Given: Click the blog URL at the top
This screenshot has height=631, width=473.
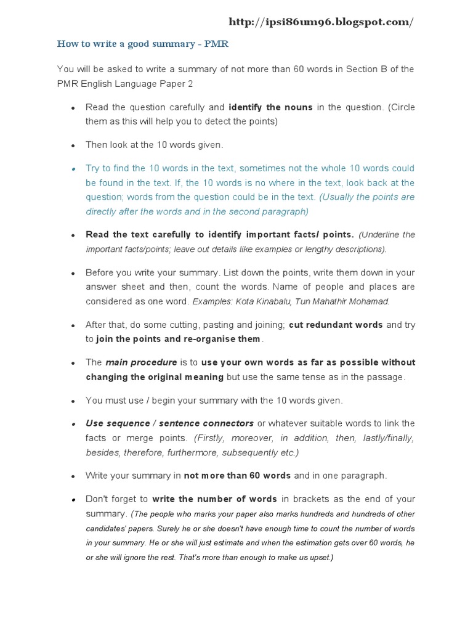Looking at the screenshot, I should click(321, 22).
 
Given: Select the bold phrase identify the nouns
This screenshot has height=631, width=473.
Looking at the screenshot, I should click(270, 107).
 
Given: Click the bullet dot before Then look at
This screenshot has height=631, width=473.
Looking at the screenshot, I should click(73, 145).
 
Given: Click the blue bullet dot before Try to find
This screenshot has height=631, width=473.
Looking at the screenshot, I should click(73, 168).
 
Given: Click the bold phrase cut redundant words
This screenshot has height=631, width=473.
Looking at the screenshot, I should click(336, 325).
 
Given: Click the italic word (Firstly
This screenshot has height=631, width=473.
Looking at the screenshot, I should click(210, 438).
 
